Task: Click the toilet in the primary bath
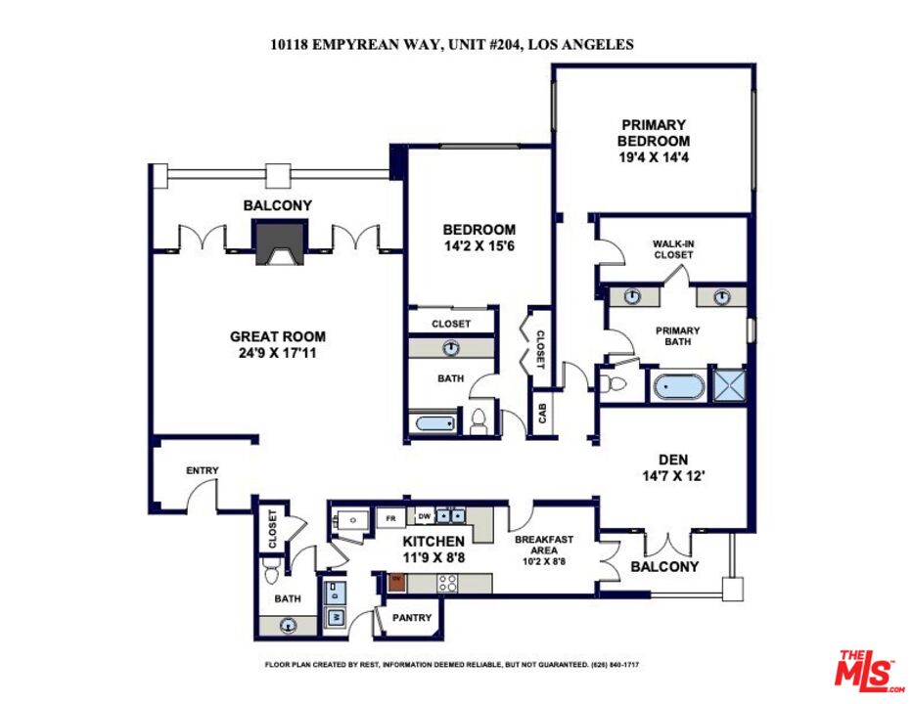coord(616,384)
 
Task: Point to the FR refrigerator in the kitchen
coord(389,517)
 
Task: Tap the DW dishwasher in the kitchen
coord(424,516)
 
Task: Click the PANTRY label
coord(411,618)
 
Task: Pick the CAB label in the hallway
coord(542,412)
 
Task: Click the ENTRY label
coord(202,471)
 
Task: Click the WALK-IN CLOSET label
coord(673,249)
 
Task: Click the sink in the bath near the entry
coord(288,624)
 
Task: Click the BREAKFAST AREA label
coord(544,546)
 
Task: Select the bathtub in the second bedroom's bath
coord(432,423)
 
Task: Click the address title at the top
coord(452,44)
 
